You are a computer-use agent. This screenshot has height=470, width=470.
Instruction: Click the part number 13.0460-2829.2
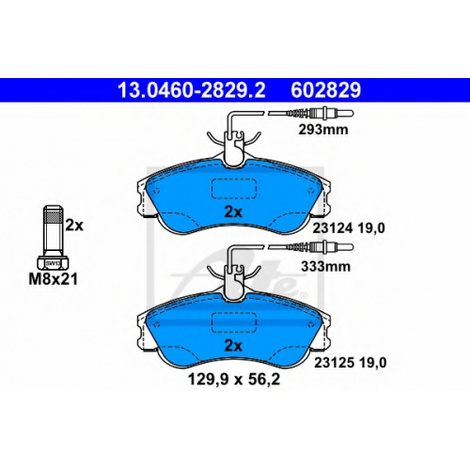coord(192,90)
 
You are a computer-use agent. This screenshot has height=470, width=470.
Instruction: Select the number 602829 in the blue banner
coord(326,90)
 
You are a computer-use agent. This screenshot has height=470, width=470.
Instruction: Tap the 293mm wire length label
coord(323,130)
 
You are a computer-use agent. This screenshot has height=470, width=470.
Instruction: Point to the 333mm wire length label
coord(325,267)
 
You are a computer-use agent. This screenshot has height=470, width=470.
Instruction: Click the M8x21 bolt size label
coord(53,279)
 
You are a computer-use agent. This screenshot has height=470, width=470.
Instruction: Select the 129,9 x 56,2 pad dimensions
coord(234,380)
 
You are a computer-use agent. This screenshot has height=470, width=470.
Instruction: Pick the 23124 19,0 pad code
coord(349,228)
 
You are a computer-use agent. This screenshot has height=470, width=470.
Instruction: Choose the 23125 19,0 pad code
coord(351,363)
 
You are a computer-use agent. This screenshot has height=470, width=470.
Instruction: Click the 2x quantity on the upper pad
coord(233,212)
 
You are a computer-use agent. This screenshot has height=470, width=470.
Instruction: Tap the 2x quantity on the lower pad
coord(233,346)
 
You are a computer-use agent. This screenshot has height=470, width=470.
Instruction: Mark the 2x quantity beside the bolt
coord(74,225)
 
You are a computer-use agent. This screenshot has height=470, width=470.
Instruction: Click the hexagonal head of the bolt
coord(53,263)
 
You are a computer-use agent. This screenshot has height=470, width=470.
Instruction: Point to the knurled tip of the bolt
coord(53,213)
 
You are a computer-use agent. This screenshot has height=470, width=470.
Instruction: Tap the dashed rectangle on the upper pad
coord(234,189)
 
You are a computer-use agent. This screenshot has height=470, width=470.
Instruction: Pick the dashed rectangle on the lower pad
coord(234,322)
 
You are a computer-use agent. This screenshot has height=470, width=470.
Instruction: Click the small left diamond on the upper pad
coord(157,191)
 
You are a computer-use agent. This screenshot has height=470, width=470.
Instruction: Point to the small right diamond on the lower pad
coord(311,324)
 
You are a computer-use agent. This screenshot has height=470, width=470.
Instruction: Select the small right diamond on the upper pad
coord(311,191)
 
